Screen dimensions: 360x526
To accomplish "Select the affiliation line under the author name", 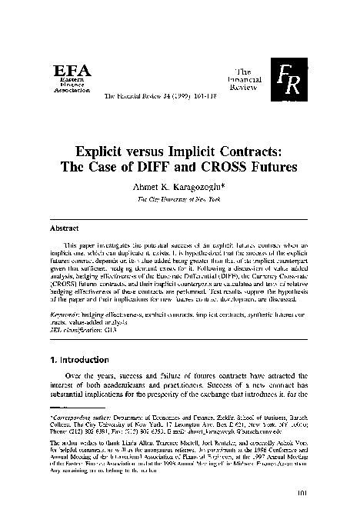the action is pos(179,198).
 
